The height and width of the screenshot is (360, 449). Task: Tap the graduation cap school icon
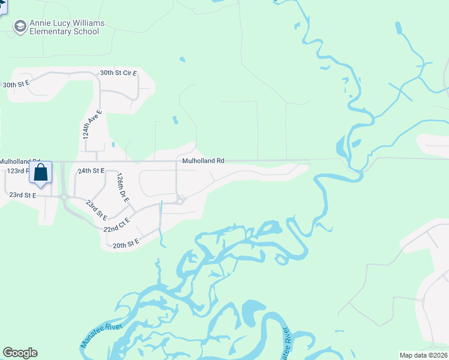(20, 26)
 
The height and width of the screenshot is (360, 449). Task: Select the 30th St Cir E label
(118, 73)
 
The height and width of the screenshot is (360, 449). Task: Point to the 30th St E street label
(16, 85)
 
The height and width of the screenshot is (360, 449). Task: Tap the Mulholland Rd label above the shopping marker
(20, 161)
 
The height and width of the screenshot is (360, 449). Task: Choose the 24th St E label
(91, 171)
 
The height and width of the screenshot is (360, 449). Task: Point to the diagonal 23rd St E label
(96, 210)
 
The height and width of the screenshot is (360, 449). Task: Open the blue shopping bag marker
(40, 173)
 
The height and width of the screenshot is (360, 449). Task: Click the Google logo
(20, 353)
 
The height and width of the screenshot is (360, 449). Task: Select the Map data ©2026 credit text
(424, 355)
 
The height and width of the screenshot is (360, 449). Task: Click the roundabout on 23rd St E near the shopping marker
(63, 196)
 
